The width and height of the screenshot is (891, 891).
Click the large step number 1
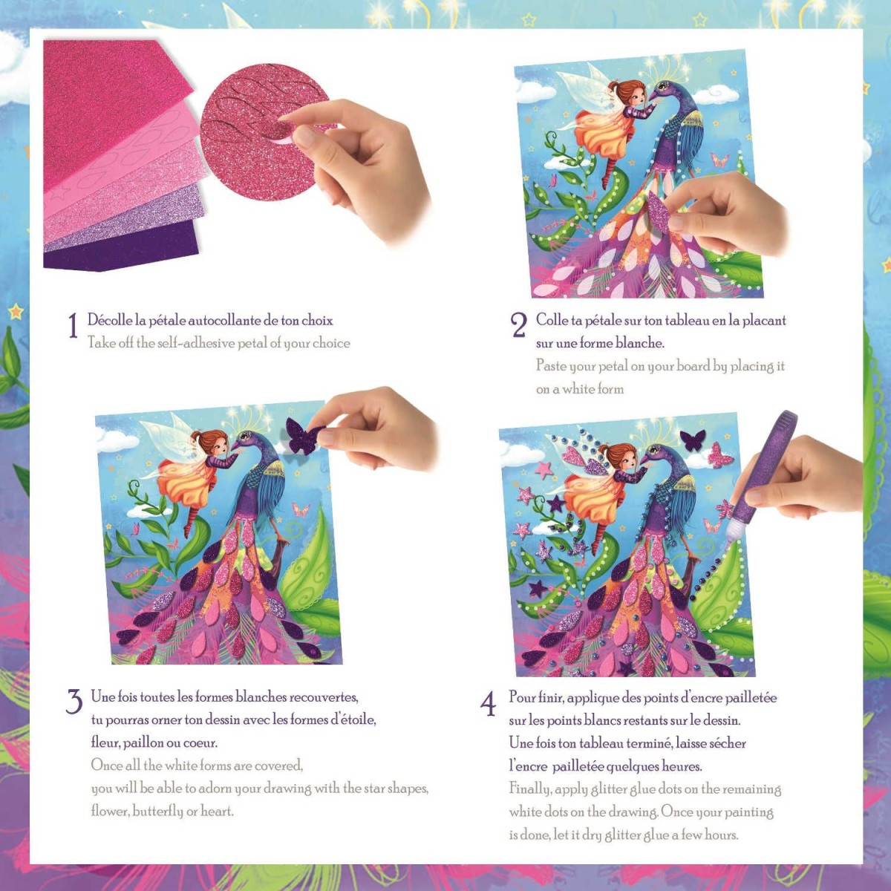pos(73,325)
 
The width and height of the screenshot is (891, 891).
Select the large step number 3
pos(74,702)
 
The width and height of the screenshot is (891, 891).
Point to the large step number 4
pos(489,704)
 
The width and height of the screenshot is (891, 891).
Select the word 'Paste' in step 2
pos(551,366)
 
